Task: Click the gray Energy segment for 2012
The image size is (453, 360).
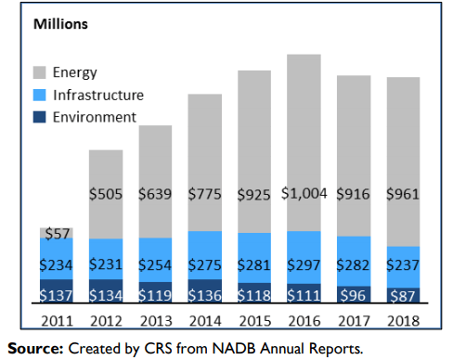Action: (106, 194)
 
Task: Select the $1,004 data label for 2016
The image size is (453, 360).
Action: (304, 194)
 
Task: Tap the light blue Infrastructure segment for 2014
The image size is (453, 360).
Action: (205, 255)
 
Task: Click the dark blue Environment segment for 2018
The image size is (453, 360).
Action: (403, 295)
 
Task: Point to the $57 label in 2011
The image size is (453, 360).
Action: (58, 234)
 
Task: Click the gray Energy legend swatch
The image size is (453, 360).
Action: (40, 72)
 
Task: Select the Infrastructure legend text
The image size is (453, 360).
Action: (98, 95)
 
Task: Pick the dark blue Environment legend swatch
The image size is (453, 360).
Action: (40, 117)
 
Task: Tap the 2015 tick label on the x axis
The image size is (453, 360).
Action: (255, 321)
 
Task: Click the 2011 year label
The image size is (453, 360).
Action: (57, 321)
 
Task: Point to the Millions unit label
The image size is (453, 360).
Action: (60, 24)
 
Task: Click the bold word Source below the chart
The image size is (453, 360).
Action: (35, 349)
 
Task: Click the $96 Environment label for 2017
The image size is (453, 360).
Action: (353, 295)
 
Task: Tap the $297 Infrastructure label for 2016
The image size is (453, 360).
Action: (304, 265)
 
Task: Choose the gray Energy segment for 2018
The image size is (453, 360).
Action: (403, 161)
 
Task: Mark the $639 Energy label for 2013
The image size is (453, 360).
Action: (155, 194)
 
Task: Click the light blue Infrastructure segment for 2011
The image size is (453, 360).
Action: (57, 259)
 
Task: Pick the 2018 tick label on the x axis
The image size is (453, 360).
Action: (404, 321)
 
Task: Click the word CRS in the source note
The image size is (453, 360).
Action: (158, 349)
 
